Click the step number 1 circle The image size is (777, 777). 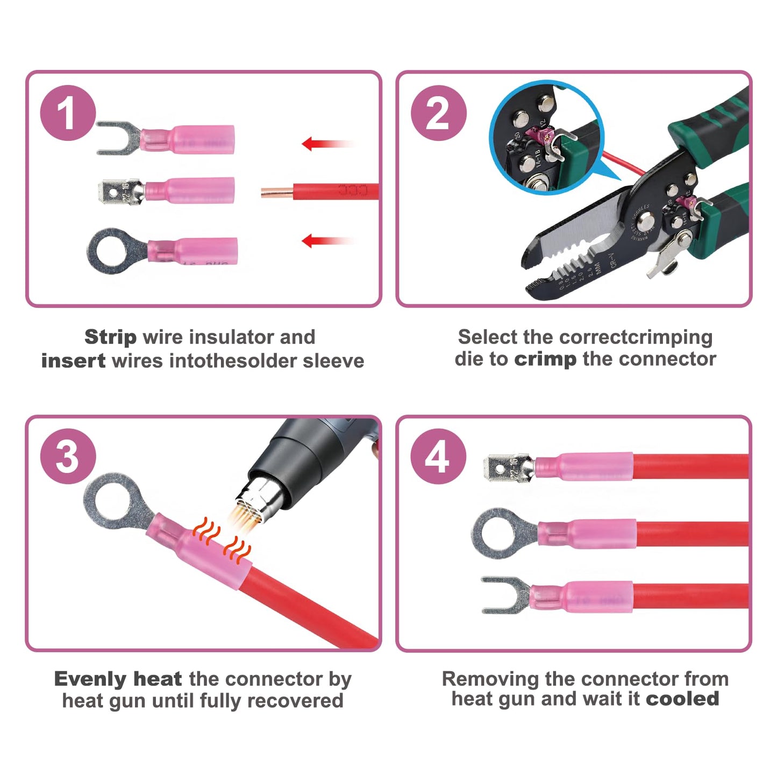(68, 113)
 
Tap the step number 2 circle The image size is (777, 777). (438, 113)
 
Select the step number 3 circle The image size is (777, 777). (68, 457)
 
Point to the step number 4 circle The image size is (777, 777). (438, 457)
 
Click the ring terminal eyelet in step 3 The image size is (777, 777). (110, 500)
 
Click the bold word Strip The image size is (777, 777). (110, 337)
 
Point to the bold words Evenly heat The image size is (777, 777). (118, 679)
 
